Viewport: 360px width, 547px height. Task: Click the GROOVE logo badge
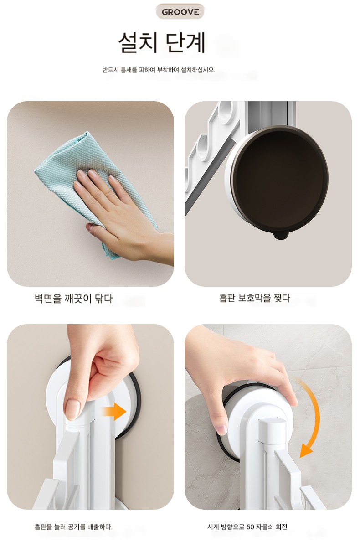(180, 12)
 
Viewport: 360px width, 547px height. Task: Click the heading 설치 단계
(162, 42)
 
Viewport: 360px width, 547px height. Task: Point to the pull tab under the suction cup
(281, 235)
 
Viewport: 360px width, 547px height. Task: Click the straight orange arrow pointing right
(114, 412)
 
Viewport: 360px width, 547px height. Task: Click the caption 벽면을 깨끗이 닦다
(74, 299)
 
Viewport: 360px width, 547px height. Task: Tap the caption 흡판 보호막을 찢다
(254, 298)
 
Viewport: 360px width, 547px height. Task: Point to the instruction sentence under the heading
(159, 70)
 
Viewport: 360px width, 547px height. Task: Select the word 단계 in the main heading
(185, 42)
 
